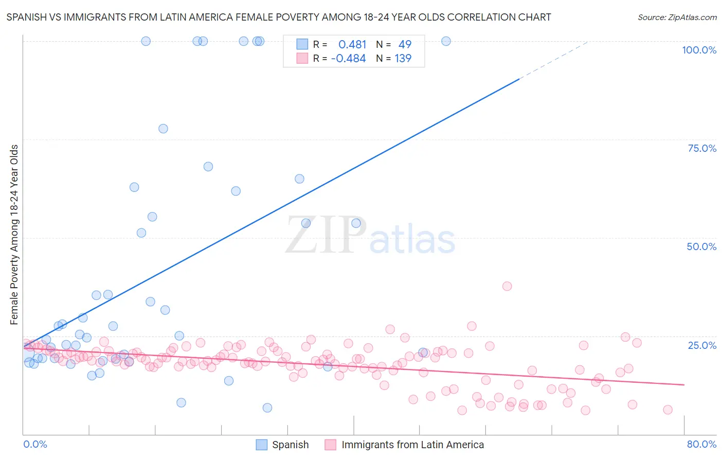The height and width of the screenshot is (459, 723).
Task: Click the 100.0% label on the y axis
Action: [699, 50]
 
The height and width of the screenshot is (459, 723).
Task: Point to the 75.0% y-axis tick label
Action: [702, 148]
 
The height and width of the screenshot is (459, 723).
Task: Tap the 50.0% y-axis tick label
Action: [701, 246]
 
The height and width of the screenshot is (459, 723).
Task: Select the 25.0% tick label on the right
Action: [702, 345]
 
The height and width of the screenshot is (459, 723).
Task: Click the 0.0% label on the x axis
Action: [35, 444]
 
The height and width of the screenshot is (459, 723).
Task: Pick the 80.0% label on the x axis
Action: [701, 444]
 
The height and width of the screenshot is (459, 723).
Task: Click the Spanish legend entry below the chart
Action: [290, 445]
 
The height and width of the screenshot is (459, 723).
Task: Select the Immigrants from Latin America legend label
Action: [412, 445]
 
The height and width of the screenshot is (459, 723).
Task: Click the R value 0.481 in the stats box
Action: [352, 45]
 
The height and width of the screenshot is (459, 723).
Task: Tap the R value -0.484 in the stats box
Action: [348, 59]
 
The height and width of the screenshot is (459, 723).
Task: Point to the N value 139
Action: [403, 59]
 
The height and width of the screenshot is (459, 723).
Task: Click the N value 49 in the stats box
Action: [405, 45]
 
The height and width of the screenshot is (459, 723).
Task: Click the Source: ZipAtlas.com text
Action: [677, 17]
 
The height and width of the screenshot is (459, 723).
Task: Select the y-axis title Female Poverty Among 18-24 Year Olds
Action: [14, 235]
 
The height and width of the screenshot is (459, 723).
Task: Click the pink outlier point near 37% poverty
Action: [507, 286]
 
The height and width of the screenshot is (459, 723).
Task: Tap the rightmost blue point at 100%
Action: [446, 41]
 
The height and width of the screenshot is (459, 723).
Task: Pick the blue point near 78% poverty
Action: [163, 129]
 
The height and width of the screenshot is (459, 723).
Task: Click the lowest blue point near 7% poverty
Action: [267, 408]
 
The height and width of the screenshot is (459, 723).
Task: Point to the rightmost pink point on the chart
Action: [667, 410]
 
